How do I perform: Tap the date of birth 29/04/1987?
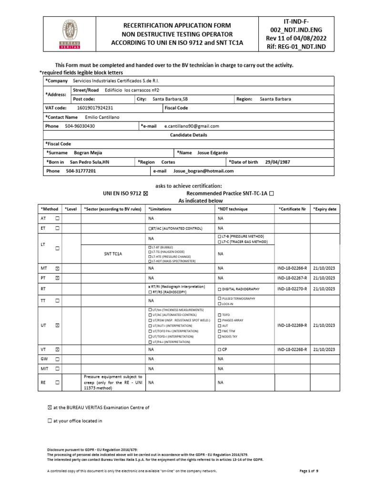[277, 162]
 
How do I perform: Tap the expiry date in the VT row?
[325, 349]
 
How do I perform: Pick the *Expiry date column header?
[325, 209]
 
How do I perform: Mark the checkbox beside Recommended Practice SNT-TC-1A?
[272, 193]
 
